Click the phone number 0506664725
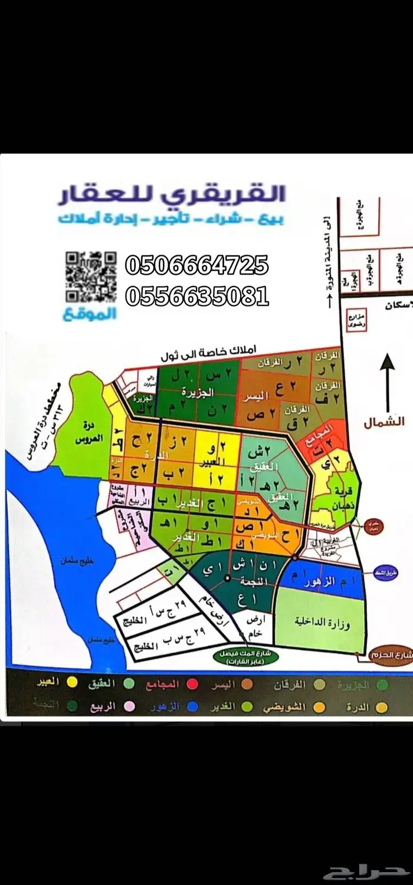pyautogui.click(x=197, y=265)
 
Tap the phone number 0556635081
pyautogui.click(x=197, y=295)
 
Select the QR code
pyautogui.click(x=90, y=276)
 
